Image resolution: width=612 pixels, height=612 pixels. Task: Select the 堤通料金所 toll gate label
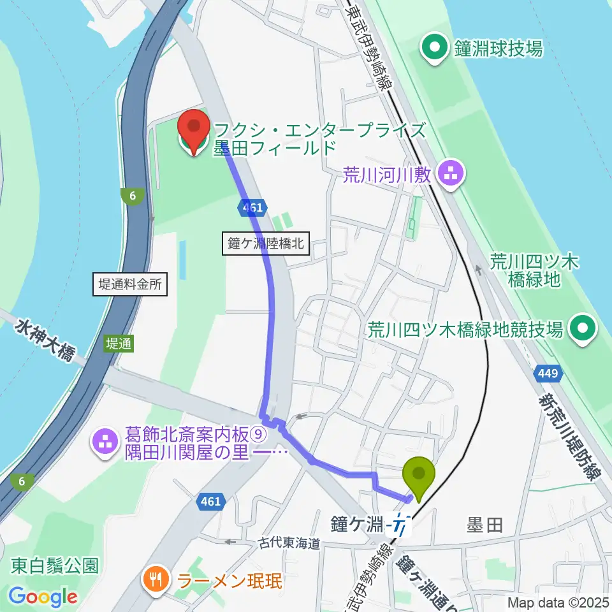(131, 284)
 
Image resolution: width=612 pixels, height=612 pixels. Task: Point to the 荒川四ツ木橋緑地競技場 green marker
(583, 330)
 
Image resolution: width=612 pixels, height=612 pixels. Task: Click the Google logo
(43, 597)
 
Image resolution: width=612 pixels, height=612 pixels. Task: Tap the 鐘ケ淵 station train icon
(400, 525)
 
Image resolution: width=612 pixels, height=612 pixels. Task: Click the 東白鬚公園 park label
(54, 565)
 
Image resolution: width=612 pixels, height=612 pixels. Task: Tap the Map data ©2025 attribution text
(558, 602)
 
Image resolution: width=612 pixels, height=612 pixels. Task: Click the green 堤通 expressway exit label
(119, 344)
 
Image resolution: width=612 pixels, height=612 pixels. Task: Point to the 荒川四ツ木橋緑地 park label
(534, 270)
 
